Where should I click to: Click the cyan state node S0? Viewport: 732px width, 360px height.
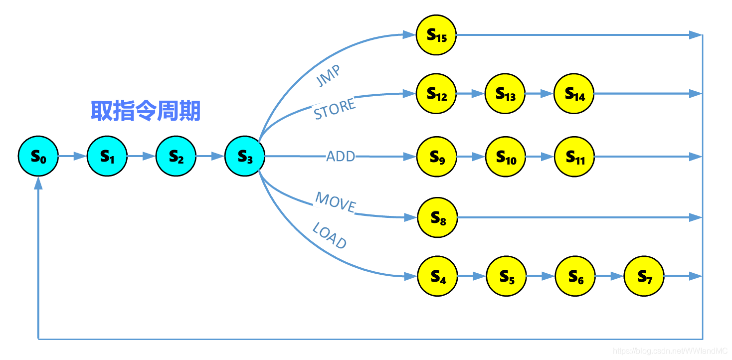coord(38,157)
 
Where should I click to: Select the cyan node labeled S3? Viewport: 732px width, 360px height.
coord(245,157)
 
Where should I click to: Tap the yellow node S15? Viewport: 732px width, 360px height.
coord(436,35)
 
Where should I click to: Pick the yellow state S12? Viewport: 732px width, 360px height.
coord(436,94)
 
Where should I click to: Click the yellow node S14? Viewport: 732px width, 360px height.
coord(574,94)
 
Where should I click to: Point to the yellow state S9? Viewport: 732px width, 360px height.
coord(436,157)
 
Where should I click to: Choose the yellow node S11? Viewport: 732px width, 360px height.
coord(574,157)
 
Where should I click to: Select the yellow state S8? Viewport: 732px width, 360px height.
coord(437,217)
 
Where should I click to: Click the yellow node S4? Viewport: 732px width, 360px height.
coord(437,276)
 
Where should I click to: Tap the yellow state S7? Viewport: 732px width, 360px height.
coord(644,276)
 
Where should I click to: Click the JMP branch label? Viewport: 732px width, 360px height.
coord(329,76)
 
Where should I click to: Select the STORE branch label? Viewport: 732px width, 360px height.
coord(335,109)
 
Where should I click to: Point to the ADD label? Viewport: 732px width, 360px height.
coord(341,157)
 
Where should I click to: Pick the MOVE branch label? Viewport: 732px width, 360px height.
coord(336,202)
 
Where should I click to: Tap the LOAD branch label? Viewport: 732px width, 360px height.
coord(329,235)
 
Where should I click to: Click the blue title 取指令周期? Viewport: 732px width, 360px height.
coord(145,111)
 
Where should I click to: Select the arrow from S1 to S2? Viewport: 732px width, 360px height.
coord(141,157)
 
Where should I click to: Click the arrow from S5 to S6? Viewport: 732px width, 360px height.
coord(541,276)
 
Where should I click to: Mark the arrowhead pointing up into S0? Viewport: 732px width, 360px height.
coord(38,183)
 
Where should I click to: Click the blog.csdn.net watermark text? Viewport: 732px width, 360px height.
coord(670,351)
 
